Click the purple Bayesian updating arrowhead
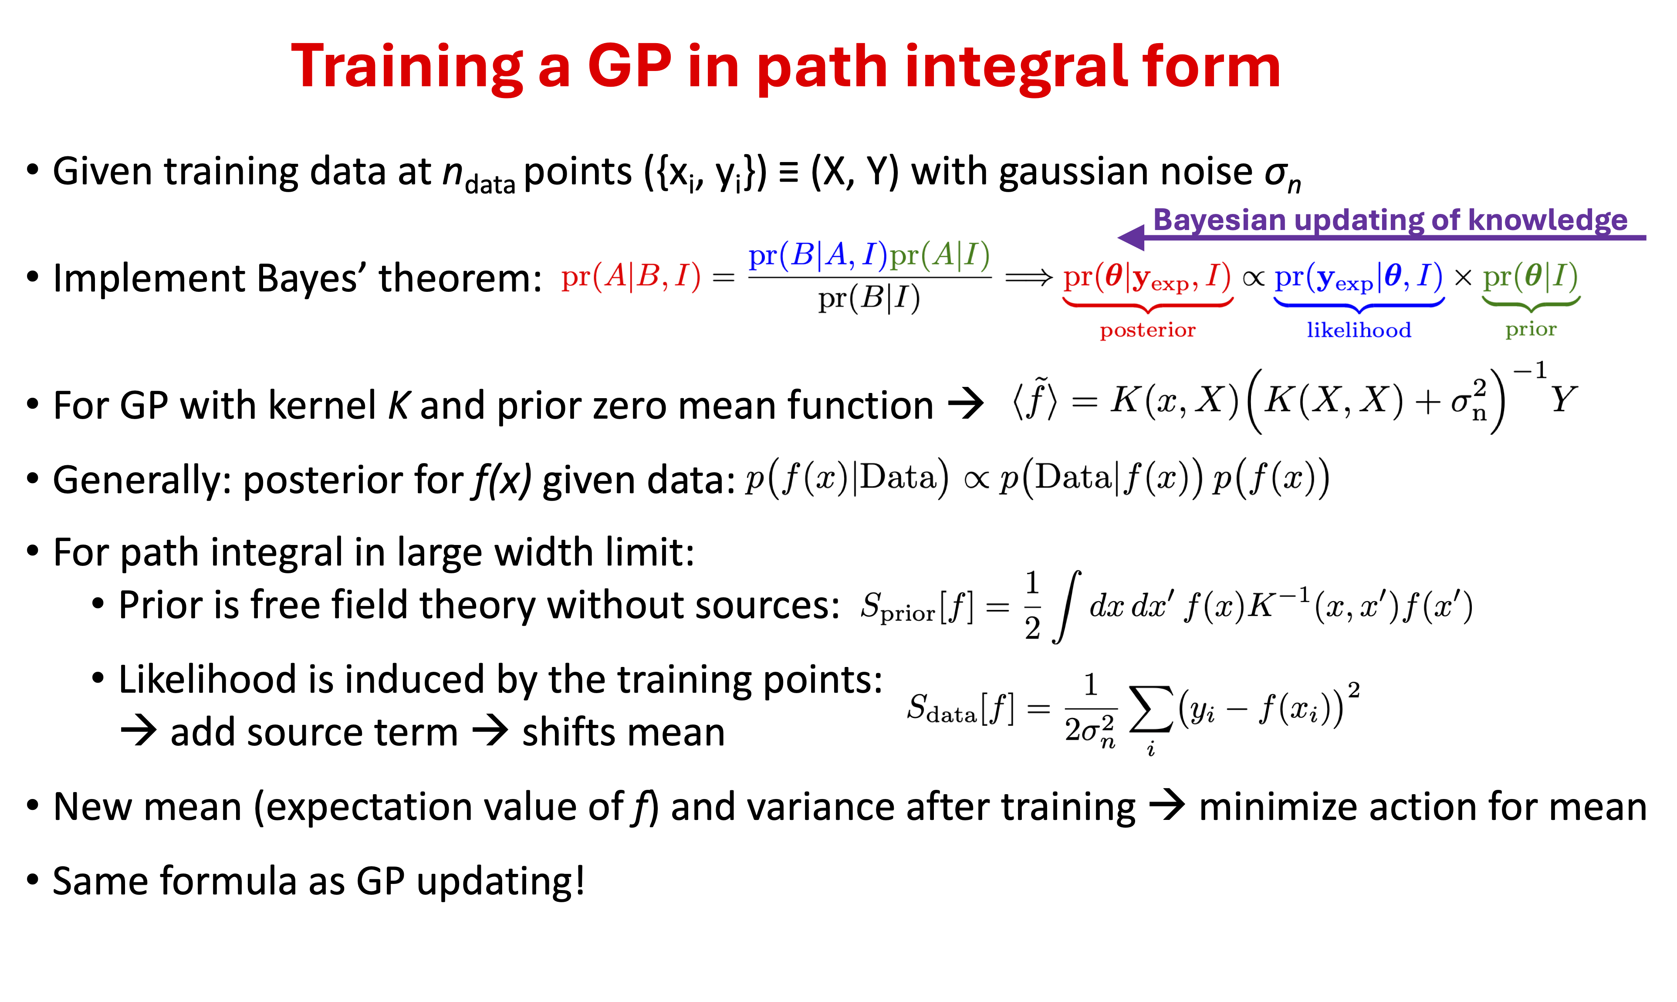tap(1132, 237)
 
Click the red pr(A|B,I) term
tap(631, 276)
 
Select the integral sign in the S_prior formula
tap(1067, 606)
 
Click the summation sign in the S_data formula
tap(1151, 709)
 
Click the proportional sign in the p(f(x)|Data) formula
tap(976, 480)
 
